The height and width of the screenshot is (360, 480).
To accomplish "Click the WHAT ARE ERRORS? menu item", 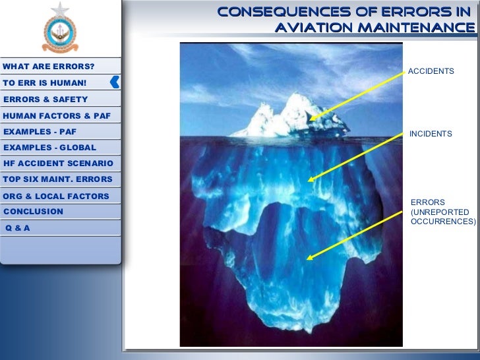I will (x=49, y=67).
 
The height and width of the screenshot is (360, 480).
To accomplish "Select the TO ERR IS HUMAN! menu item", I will (x=44, y=83).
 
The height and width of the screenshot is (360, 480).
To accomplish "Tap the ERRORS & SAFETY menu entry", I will (x=45, y=99).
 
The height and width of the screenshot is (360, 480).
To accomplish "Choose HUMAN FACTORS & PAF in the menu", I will (x=57, y=115).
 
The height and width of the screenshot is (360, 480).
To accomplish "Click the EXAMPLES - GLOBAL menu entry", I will (x=49, y=147).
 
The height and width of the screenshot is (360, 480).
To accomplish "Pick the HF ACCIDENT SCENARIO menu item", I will (x=58, y=163).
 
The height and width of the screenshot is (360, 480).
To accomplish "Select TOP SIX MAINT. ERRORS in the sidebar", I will (x=57, y=179).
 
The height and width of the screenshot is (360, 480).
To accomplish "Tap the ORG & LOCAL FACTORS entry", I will (x=56, y=196).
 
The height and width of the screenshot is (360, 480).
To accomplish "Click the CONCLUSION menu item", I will (x=34, y=212).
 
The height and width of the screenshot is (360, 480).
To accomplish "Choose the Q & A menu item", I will (x=18, y=227).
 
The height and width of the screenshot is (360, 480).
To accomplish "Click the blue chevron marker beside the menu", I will (x=115, y=82).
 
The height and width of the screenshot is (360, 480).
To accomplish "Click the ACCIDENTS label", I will (x=431, y=71).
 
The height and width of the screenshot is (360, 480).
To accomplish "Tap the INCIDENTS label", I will (x=431, y=134).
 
